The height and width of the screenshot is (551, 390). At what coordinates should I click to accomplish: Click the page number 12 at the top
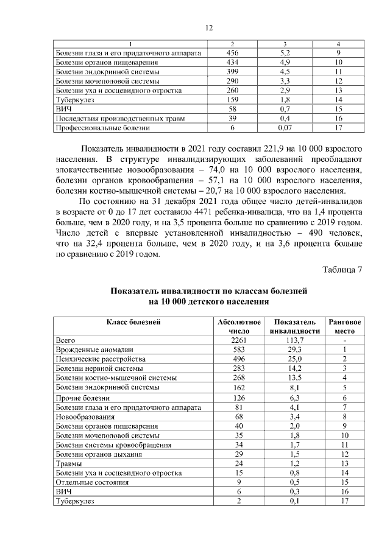(x=208, y=28)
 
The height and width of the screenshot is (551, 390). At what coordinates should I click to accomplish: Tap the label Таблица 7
(x=342, y=270)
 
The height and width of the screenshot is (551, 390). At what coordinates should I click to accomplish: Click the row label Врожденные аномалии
(x=94, y=349)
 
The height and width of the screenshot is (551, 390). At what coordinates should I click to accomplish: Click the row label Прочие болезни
(x=80, y=398)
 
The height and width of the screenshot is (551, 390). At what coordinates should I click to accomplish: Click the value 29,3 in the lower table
(x=294, y=349)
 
